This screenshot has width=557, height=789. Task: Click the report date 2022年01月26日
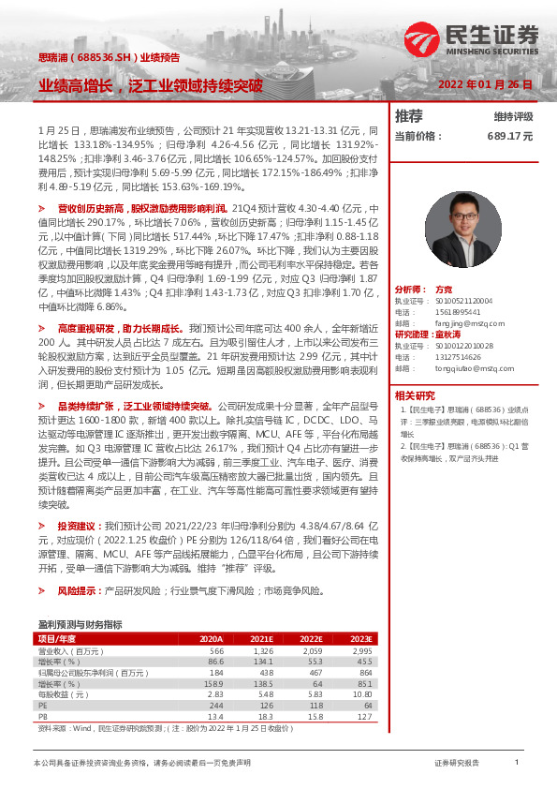(x=486, y=84)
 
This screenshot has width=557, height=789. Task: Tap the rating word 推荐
(x=409, y=116)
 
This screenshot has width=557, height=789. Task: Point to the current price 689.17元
(x=509, y=136)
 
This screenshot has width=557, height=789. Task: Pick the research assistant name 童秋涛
(x=451, y=334)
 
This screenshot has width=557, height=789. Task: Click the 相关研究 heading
(x=415, y=394)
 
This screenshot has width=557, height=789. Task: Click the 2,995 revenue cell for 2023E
(x=361, y=650)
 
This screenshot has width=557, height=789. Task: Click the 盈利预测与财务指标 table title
(x=80, y=623)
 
